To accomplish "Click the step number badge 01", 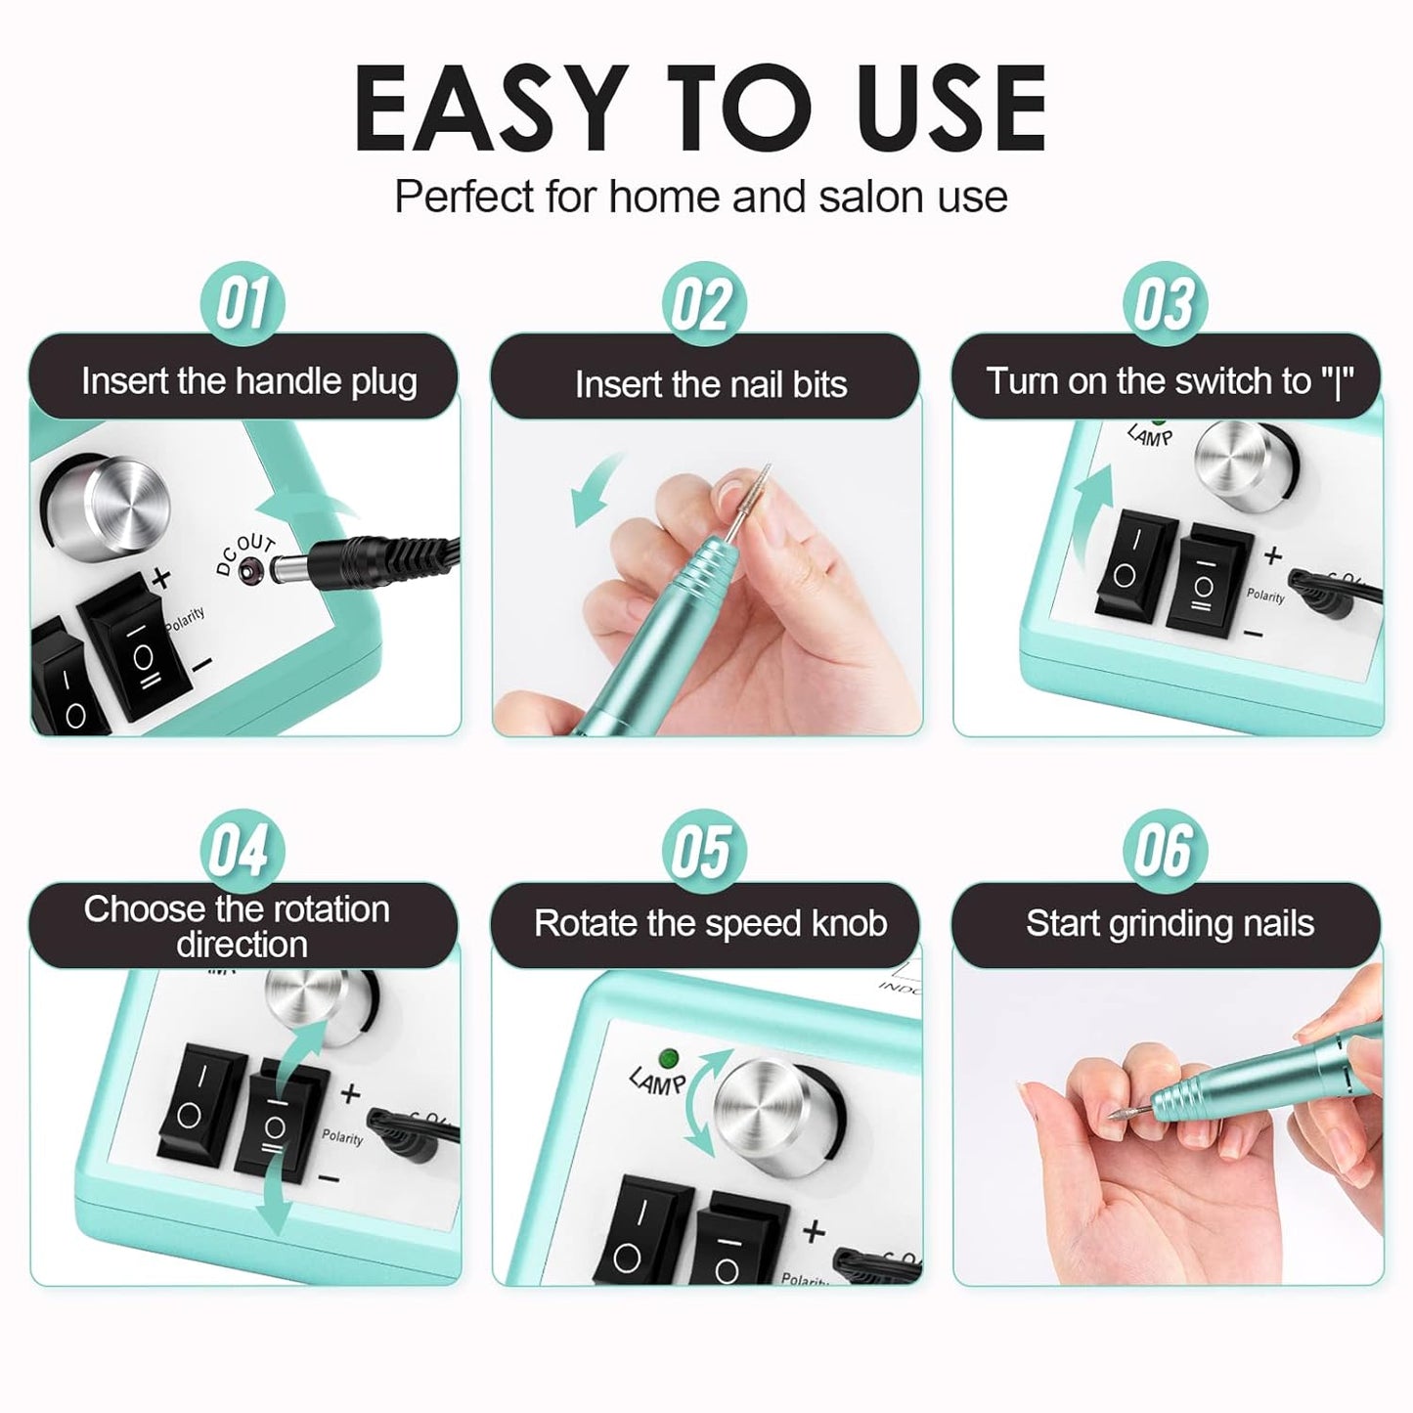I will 242,303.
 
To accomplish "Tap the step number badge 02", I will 703,303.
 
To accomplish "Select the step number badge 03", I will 1165,303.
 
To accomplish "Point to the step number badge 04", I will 242,850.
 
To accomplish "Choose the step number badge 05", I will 703,850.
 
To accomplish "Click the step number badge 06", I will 1165,850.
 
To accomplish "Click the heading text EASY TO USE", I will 701,109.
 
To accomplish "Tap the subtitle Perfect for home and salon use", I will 701,197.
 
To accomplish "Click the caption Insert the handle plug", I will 248,380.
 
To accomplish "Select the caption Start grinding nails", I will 1170,923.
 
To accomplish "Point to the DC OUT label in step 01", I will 243,553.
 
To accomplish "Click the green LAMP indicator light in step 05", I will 669,1058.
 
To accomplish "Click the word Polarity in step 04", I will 342,1137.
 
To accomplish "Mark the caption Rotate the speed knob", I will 710,923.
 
